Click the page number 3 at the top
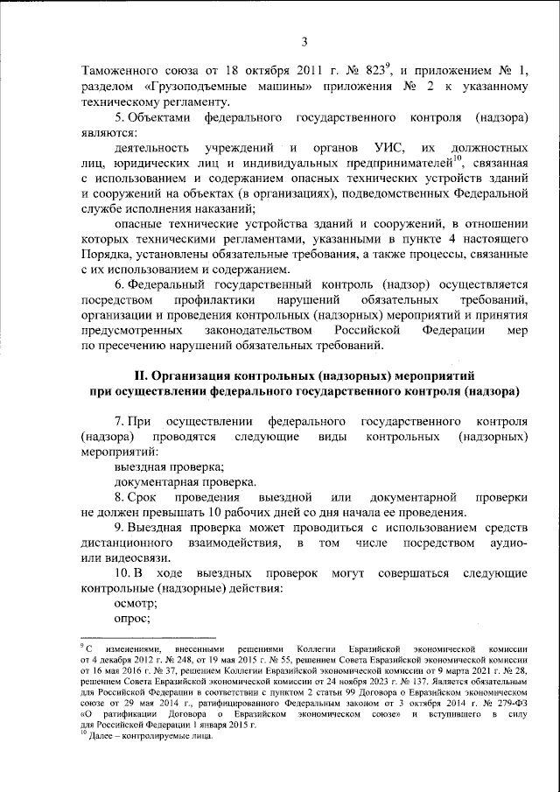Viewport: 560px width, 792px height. click(304, 42)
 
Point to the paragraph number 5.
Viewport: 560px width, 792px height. click(118, 117)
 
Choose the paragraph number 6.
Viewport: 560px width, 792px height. click(118, 284)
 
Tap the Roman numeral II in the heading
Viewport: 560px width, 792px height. click(126, 375)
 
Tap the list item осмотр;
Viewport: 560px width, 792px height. click(136, 604)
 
